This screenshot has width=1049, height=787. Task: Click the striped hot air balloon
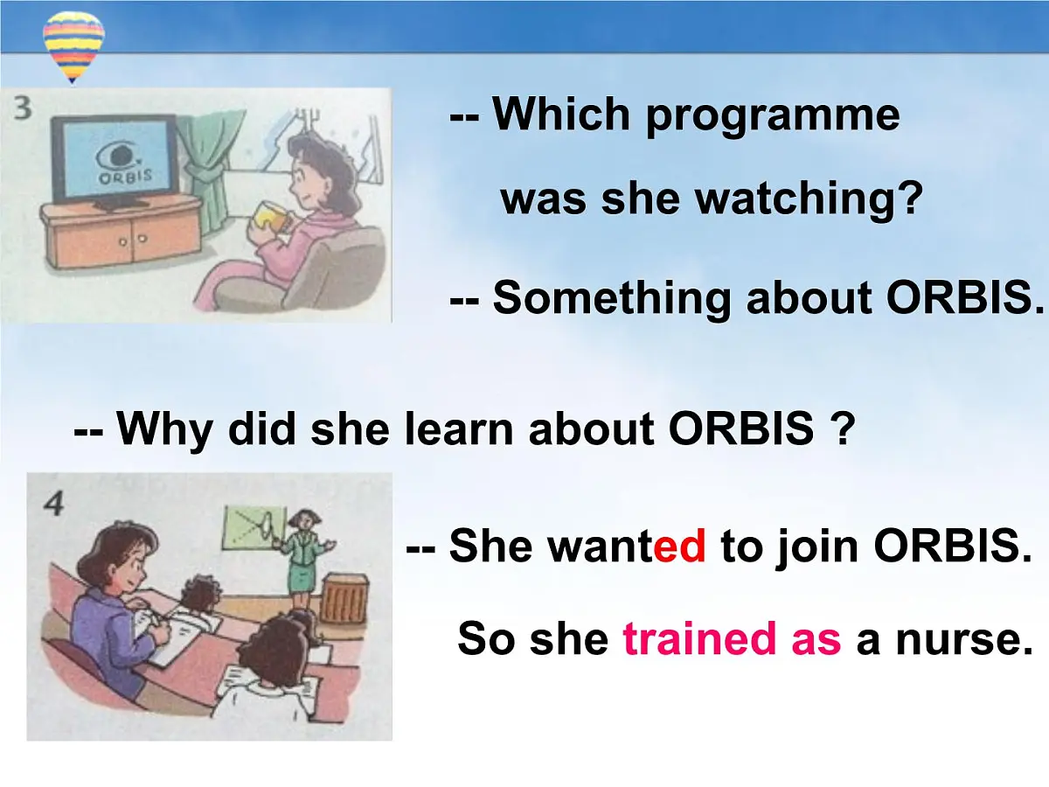click(73, 47)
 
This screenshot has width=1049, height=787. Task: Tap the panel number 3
click(23, 108)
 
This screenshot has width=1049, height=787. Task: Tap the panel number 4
click(53, 505)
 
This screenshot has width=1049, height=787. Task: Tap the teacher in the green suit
click(303, 559)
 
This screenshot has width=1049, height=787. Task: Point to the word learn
click(459, 428)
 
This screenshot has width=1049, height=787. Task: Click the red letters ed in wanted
click(679, 545)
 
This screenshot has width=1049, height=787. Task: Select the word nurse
click(964, 639)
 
